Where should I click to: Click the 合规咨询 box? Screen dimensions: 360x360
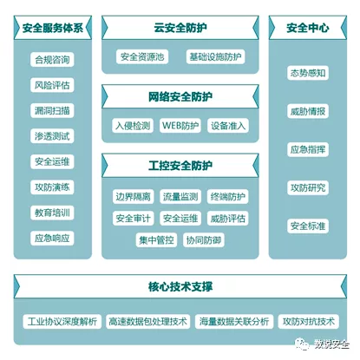point(52,60)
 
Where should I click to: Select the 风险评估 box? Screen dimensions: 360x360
point(52,85)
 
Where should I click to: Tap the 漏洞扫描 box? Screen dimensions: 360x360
point(52,110)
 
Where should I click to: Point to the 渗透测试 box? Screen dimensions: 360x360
point(52,136)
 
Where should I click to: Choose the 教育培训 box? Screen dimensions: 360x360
point(52,213)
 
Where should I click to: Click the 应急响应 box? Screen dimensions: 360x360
point(52,239)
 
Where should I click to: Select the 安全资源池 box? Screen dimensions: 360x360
point(142,56)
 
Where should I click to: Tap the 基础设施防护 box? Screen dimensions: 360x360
point(215,56)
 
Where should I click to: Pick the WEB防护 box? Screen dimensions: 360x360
point(180,126)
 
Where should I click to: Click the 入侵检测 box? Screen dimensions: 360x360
point(133,126)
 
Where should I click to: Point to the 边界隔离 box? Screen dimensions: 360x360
point(133,197)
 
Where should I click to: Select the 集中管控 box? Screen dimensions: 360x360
point(156,240)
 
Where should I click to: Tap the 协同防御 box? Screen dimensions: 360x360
point(204,240)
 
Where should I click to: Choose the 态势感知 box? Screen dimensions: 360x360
point(308,73)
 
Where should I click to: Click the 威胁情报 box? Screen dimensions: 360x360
point(308,111)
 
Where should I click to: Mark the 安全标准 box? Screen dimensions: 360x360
point(308,226)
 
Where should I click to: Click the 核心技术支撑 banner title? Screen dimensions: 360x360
point(180,286)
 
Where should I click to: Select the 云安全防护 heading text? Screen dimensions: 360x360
point(180,28)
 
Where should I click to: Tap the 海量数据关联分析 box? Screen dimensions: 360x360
point(234,322)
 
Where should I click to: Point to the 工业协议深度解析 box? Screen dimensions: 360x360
point(62,322)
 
